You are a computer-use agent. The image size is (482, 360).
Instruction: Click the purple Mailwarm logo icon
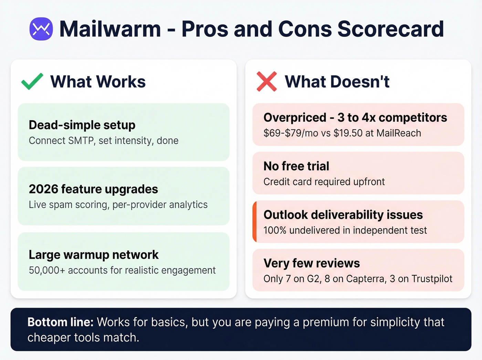tap(41, 29)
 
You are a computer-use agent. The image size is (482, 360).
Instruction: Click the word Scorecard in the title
tap(390, 29)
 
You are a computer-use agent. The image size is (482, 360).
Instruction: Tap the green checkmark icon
tap(32, 81)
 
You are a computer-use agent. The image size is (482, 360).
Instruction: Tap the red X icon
tap(266, 81)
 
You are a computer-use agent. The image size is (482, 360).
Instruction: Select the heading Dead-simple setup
tap(82, 125)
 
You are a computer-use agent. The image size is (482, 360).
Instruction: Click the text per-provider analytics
tap(160, 205)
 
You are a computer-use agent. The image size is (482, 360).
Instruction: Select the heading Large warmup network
tap(94, 255)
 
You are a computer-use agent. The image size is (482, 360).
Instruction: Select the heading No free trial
tap(296, 166)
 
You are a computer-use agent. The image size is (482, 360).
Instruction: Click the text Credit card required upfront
tap(324, 182)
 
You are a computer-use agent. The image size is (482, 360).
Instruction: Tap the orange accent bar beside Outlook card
tap(254, 222)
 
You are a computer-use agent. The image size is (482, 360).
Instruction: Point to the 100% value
tap(275, 230)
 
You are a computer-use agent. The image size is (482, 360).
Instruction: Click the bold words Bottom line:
tap(61, 322)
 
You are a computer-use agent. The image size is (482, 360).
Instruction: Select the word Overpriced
tap(295, 118)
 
